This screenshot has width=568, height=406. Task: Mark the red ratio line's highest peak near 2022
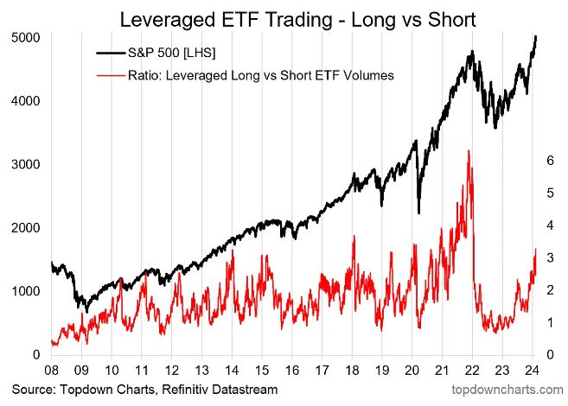point(469,150)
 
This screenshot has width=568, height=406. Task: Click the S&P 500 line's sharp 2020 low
point(418,213)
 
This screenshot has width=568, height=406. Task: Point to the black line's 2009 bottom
point(86,311)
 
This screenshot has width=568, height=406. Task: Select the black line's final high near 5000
point(536,36)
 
